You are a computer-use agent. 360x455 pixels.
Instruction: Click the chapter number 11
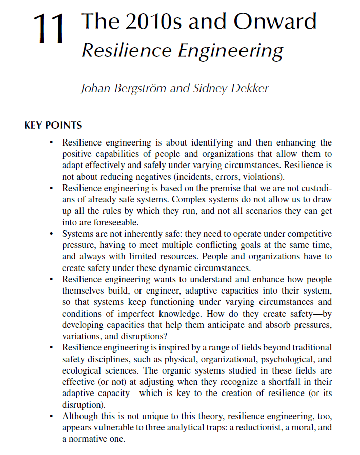tap(50, 30)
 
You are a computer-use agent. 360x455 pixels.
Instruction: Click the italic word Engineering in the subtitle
tap(230, 51)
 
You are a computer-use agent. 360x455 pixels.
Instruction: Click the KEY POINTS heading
tap(53, 125)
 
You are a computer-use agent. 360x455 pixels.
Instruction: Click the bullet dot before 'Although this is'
tap(51, 416)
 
